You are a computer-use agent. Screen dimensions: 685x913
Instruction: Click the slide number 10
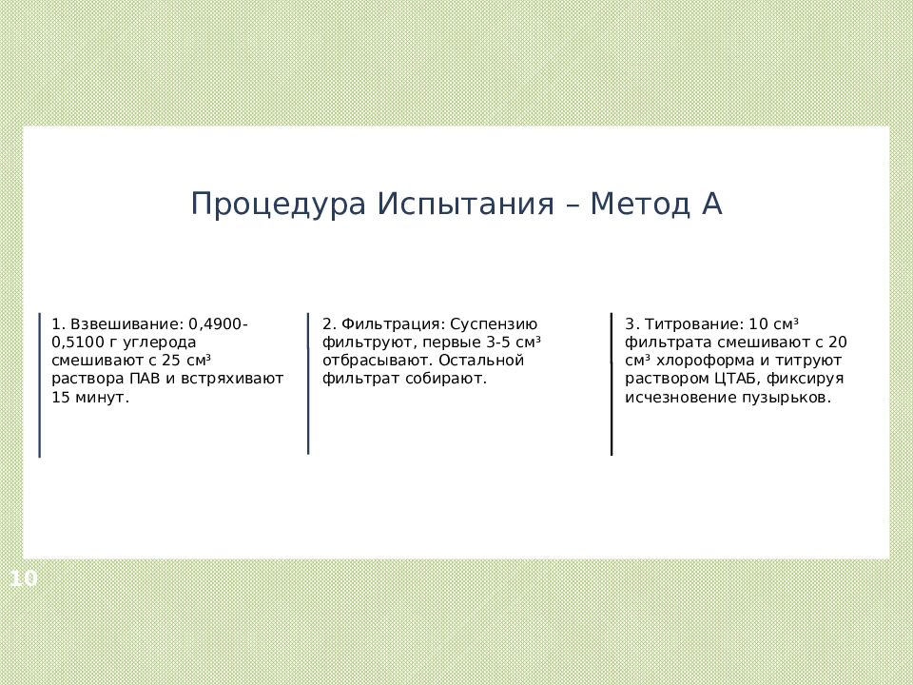[24, 577]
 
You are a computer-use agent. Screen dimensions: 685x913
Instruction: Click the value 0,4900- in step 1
[219, 324]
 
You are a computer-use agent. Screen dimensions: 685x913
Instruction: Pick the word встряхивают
[239, 379]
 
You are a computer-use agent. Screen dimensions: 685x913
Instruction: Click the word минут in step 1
[100, 398]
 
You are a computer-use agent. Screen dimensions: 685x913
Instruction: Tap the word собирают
[452, 379]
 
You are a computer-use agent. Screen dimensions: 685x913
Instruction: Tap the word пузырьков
[787, 398]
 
